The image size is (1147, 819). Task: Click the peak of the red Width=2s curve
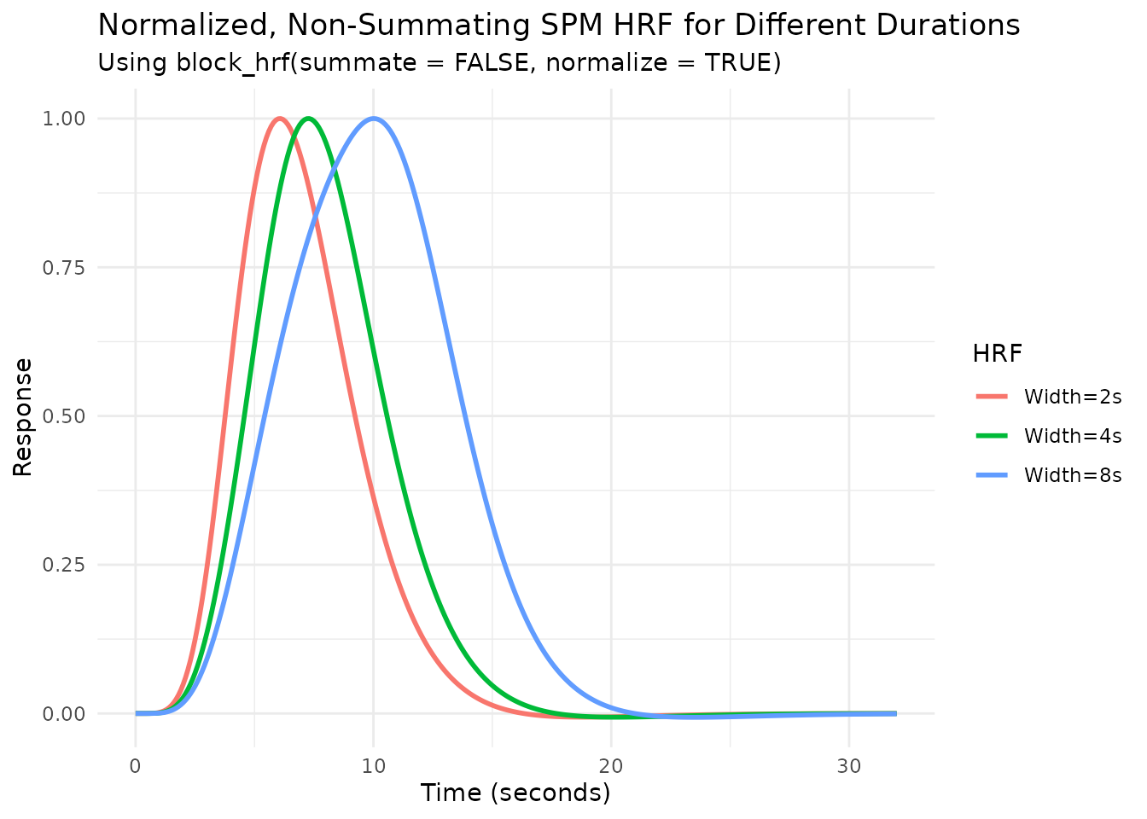tap(279, 119)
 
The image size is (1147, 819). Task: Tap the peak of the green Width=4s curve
tap(308, 119)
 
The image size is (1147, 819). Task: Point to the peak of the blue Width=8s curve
tap(374, 119)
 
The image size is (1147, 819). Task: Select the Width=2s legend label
tap(1072, 397)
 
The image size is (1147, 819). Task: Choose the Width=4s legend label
tap(1072, 436)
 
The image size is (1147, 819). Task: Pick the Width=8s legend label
tap(1072, 475)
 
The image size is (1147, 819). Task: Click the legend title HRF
tap(997, 353)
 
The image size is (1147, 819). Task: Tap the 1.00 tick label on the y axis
tap(63, 119)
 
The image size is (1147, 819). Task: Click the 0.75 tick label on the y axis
tap(63, 267)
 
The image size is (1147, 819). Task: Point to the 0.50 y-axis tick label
tap(63, 416)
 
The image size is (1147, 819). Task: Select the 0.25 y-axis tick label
tap(63, 565)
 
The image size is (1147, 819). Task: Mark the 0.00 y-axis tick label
tap(63, 713)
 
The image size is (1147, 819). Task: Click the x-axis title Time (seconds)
tap(515, 793)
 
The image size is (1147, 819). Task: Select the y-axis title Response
tap(23, 416)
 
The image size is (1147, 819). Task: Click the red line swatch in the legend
tap(993, 397)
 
